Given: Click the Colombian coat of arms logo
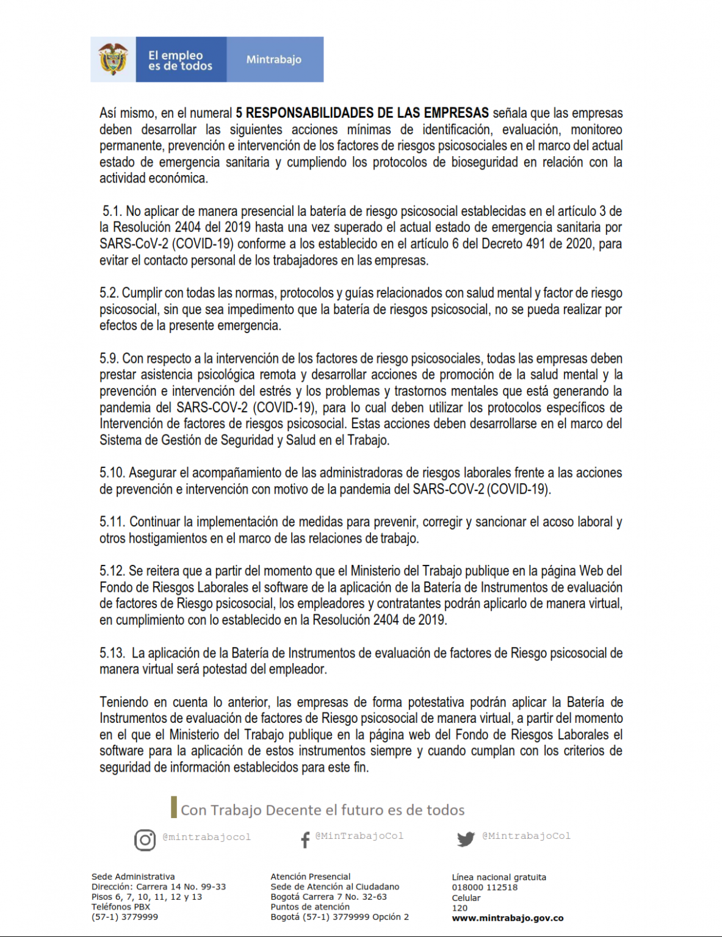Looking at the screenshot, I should point(113,59).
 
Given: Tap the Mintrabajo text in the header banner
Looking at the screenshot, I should point(273,60).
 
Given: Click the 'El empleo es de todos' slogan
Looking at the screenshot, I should point(180,60).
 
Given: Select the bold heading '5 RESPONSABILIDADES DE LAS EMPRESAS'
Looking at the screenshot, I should point(362,113).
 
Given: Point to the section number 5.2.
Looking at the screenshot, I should point(109,293).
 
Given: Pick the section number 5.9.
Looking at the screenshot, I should point(109,358).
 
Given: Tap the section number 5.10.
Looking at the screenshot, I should point(112,473).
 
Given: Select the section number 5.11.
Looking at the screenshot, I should point(112,522).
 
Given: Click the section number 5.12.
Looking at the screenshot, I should point(112,571).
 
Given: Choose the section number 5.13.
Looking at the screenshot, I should point(112,653).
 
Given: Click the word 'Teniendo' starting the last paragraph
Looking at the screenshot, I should point(125,702).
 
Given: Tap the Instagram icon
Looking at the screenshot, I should point(145,840).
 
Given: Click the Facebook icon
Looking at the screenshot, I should point(305,840).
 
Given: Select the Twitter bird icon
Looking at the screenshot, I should point(466,839).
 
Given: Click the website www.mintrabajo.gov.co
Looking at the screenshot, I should point(507,918).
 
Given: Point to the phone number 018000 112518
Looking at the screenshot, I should point(485,888).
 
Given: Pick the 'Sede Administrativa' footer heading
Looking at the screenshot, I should point(133,877).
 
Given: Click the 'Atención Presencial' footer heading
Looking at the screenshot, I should point(311,877).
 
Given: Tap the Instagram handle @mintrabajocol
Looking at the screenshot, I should point(207,837).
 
